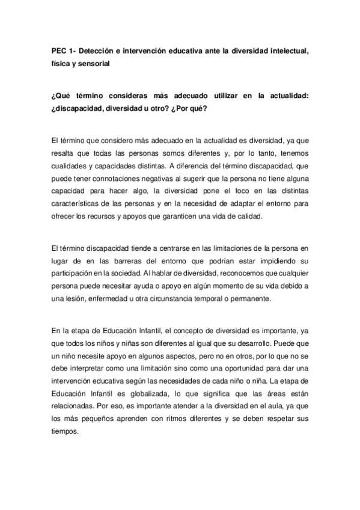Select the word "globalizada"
[x=159, y=389]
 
